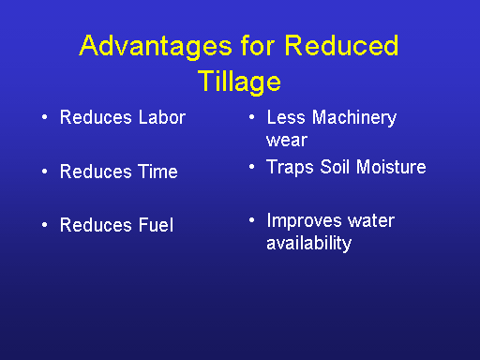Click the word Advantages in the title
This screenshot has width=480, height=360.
156,46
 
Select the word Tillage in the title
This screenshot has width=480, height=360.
239,82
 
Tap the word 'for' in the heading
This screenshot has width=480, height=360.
258,45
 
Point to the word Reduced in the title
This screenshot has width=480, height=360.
341,45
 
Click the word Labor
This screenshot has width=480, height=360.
162,117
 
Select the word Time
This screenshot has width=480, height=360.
158,172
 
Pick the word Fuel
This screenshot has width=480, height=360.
156,225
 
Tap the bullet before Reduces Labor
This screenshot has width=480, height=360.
45,117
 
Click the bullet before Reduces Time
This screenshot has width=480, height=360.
45,172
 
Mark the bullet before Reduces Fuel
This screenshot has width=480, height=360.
45,225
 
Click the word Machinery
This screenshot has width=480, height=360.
354,118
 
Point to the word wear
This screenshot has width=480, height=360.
287,141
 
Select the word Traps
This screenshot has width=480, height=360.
290,167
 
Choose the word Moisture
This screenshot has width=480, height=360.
391,167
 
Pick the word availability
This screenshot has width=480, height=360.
308,244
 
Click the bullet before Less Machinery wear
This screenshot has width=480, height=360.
252,117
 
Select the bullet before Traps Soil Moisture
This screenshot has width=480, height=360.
252,167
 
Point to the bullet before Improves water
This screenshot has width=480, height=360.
252,220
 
